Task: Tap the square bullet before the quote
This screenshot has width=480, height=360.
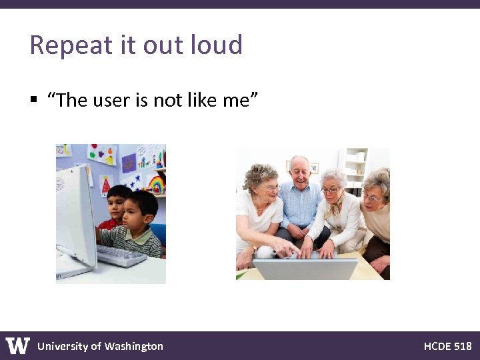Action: point(33,100)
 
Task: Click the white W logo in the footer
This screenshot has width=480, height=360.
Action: point(18,346)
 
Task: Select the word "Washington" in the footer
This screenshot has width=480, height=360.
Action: point(134,346)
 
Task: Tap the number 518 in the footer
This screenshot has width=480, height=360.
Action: point(463,346)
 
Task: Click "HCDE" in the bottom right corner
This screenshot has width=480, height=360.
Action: point(437,346)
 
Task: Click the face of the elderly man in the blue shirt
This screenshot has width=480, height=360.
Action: point(301,174)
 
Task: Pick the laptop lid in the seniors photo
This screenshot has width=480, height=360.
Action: point(305,269)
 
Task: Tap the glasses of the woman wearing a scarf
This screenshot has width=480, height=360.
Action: point(331,190)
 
